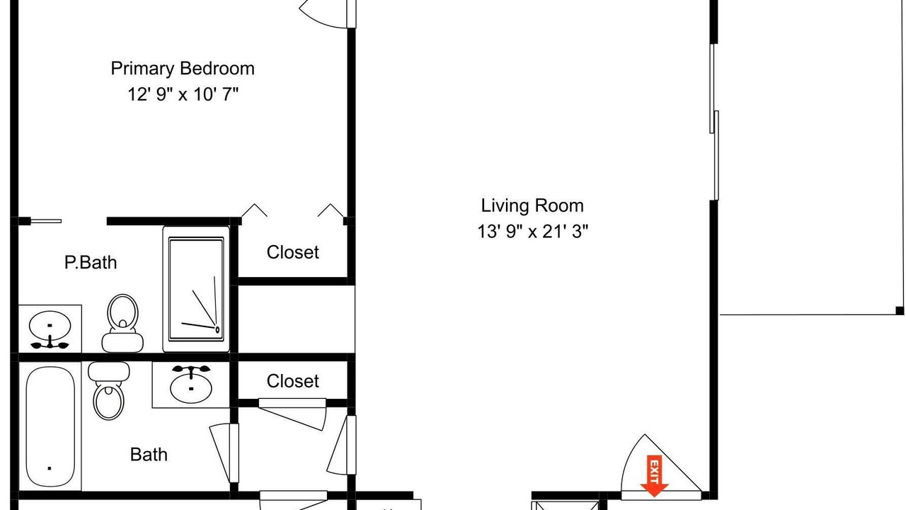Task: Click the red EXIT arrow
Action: [x=654, y=476]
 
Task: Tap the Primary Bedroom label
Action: [x=183, y=69]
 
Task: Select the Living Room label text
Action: [x=532, y=205]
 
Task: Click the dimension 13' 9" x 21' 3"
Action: [x=532, y=232]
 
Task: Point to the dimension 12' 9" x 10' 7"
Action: [x=183, y=94]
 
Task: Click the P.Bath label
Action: [x=91, y=262]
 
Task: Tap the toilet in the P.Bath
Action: [x=122, y=323]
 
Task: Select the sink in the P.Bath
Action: [x=50, y=329]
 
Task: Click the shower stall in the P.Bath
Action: [x=196, y=289]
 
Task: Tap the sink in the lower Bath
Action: [x=191, y=385]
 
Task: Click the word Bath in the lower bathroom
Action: [x=149, y=455]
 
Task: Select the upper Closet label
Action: [x=293, y=252]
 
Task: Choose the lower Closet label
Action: [x=293, y=381]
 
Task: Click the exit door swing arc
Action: [x=631, y=458]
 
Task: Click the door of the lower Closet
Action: [x=292, y=414]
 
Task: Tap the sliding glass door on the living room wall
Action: [x=714, y=121]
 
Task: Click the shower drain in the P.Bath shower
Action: [x=217, y=329]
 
